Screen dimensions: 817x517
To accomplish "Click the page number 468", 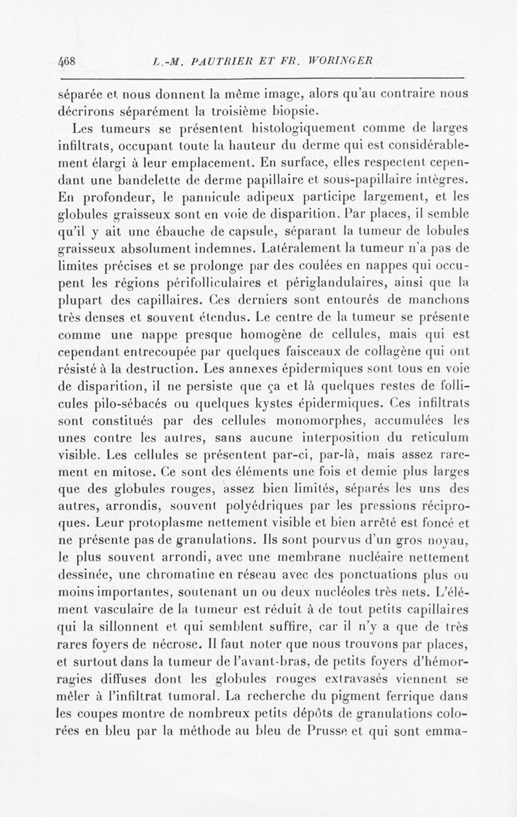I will pyautogui.click(x=67, y=62).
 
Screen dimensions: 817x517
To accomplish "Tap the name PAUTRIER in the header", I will pyautogui.click(x=214, y=62).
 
